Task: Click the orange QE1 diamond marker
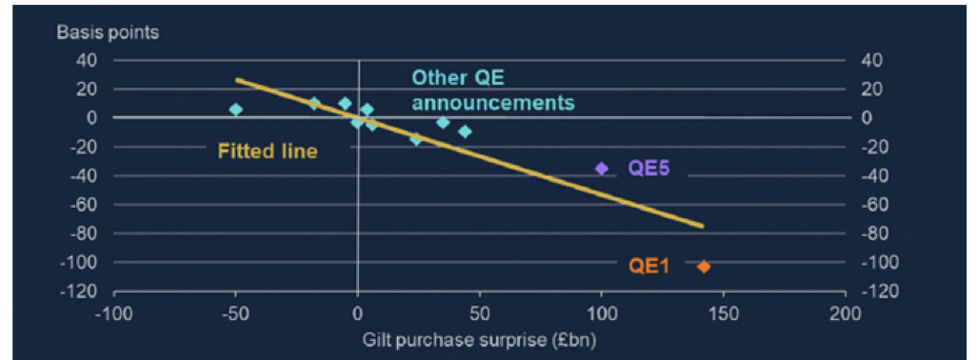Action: pyautogui.click(x=704, y=267)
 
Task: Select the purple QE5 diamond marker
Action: pyautogui.click(x=601, y=169)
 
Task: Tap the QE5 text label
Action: pyautogui.click(x=649, y=169)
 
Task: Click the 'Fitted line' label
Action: pyautogui.click(x=268, y=150)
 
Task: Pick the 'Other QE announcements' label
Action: pyautogui.click(x=492, y=90)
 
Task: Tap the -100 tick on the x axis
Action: pyautogui.click(x=114, y=314)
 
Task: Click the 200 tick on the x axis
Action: pyautogui.click(x=844, y=314)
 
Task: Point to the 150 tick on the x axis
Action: pyautogui.click(x=723, y=314)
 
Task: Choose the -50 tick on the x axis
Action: pyautogui.click(x=235, y=314)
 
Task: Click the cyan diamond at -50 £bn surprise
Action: pyautogui.click(x=236, y=110)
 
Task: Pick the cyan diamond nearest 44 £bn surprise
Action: pyautogui.click(x=465, y=131)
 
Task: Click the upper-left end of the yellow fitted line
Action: pyautogui.click(x=237, y=80)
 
